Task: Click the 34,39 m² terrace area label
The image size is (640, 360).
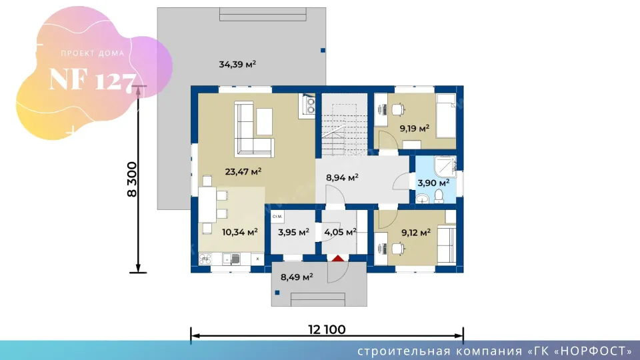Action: click(x=237, y=64)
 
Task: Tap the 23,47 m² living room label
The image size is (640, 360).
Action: click(x=243, y=171)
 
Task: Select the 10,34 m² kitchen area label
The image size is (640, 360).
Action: click(x=239, y=232)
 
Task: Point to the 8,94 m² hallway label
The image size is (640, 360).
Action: click(x=342, y=177)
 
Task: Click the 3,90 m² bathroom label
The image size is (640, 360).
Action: click(x=433, y=183)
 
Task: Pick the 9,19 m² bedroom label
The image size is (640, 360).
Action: click(x=414, y=129)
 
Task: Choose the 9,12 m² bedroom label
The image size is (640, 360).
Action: click(x=416, y=233)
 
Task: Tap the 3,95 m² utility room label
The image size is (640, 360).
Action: click(x=293, y=233)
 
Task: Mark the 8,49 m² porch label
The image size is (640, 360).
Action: click(x=297, y=277)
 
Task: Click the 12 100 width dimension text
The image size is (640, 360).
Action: click(x=327, y=329)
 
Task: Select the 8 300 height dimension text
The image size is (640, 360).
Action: click(x=132, y=179)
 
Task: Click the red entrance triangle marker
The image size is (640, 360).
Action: click(x=337, y=259)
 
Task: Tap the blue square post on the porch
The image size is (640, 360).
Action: click(x=277, y=293)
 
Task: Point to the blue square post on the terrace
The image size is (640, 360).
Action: click(x=323, y=50)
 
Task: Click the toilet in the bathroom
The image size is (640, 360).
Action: click(x=439, y=196)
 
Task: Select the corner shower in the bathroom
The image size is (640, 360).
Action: click(x=445, y=167)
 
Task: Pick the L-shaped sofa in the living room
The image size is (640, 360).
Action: click(x=253, y=129)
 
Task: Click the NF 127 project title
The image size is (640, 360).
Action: click(x=92, y=80)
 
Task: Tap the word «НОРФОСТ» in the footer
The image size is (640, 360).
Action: click(x=594, y=351)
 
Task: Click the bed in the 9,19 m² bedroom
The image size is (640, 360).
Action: click(x=446, y=115)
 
